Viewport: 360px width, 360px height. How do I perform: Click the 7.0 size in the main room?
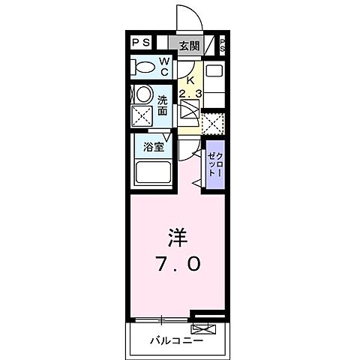pos(178,264)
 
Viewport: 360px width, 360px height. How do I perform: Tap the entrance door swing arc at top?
pos(185,16)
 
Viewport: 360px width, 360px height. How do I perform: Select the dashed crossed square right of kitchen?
pos(213,122)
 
